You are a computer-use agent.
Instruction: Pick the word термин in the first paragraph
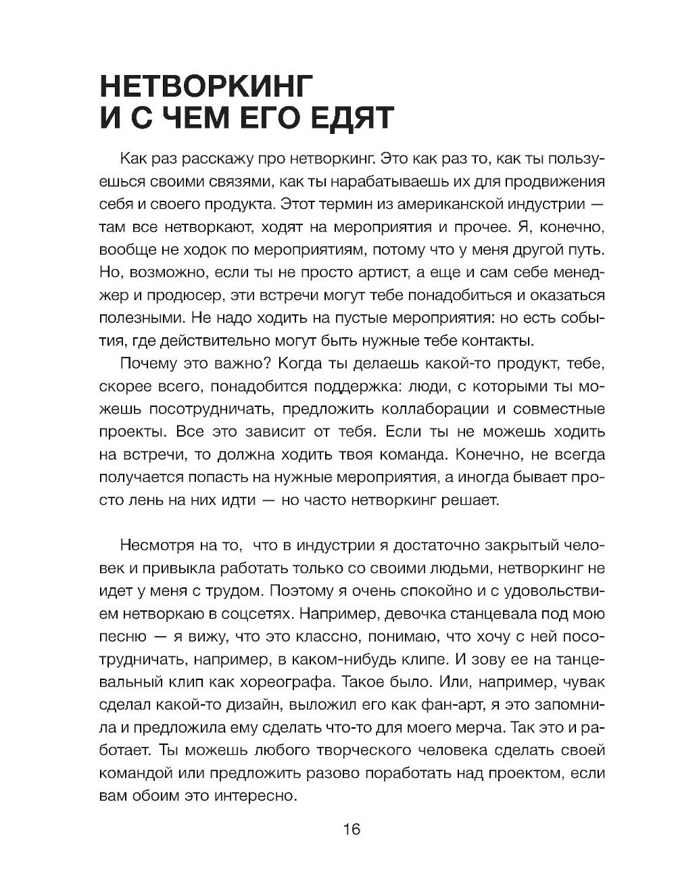tap(349, 203)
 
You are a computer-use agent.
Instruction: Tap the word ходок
tap(216, 249)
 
